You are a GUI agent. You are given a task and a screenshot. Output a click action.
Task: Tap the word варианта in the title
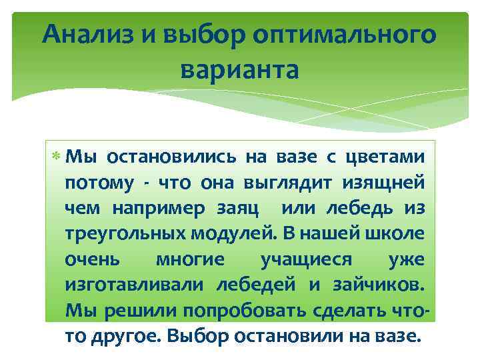[240, 69]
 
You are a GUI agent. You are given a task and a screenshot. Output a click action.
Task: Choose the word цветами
[383, 157]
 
